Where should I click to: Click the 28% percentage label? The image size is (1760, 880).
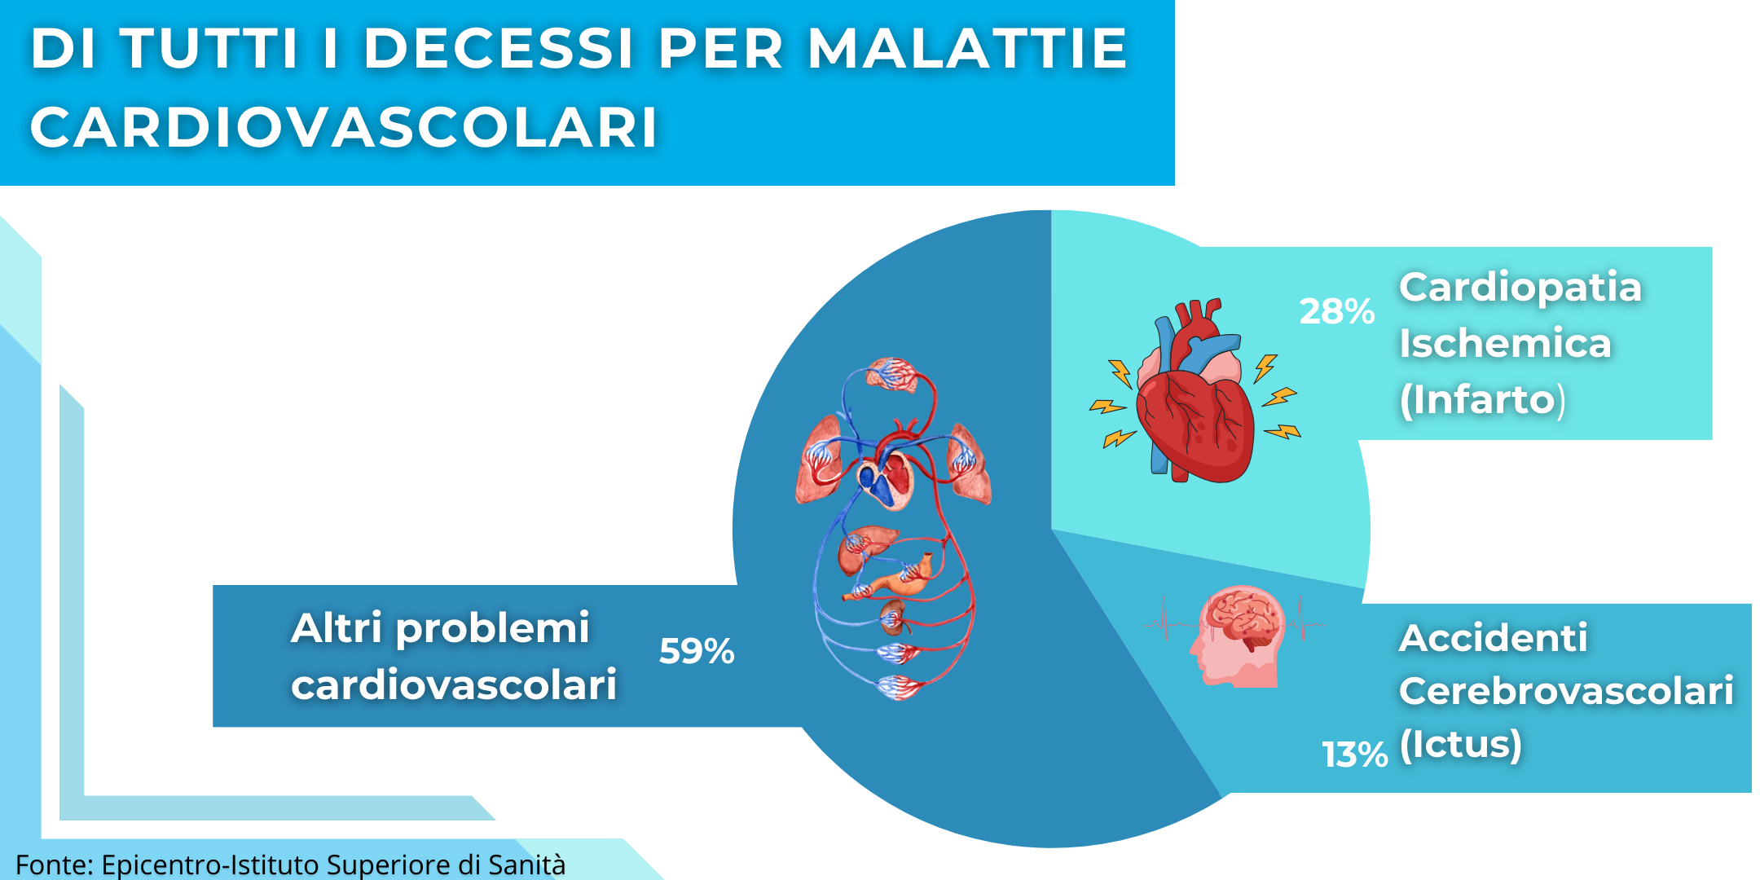point(1336,311)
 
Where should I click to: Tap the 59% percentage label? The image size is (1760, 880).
point(697,651)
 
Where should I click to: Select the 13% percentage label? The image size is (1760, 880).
point(1354,755)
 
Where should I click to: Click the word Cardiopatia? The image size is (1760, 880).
point(1520,288)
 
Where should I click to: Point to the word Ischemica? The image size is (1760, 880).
point(1505,343)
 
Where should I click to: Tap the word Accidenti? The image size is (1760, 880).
point(1493,638)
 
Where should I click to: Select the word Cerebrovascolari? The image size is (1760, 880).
point(1566,691)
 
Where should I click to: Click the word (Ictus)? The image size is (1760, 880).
point(1460,745)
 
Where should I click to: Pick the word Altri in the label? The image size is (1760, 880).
point(337,628)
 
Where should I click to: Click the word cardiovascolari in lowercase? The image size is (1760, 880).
point(454,684)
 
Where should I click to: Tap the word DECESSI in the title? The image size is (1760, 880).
point(499,48)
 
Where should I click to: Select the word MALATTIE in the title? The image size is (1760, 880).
point(967,48)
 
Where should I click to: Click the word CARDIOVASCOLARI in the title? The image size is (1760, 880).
point(344,127)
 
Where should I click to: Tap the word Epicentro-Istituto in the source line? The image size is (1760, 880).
point(210,865)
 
